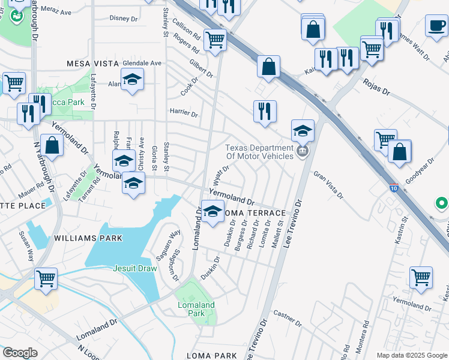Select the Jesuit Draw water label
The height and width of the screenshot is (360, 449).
135,268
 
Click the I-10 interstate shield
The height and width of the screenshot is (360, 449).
394,187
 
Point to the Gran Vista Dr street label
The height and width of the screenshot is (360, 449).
329,185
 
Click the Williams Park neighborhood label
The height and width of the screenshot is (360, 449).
88,238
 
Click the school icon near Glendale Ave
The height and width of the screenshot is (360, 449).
132,79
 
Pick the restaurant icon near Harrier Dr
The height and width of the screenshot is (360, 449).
264,111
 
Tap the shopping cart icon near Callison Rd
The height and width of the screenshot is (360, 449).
215,40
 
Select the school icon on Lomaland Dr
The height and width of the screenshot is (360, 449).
212,212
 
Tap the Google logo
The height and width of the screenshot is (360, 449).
20,353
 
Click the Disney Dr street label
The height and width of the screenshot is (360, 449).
124,19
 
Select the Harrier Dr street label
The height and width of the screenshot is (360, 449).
184,112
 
